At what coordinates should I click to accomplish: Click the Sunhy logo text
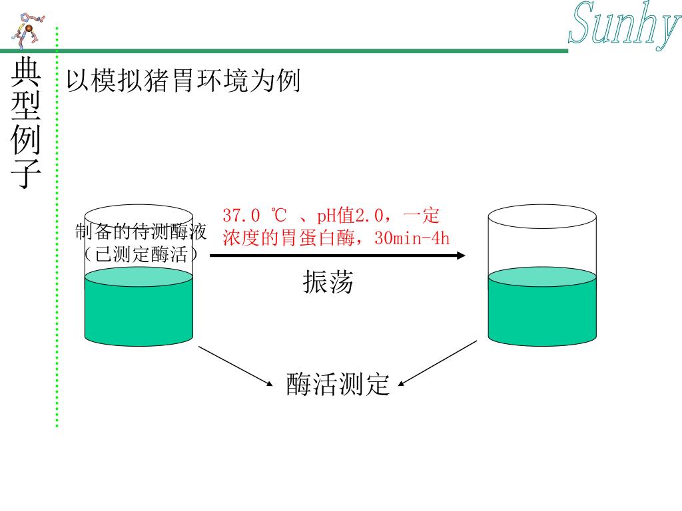click(x=623, y=25)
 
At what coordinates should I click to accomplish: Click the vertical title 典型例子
click(x=27, y=124)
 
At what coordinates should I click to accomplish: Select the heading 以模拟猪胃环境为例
click(x=183, y=82)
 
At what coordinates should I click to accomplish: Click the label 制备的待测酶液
click(x=141, y=232)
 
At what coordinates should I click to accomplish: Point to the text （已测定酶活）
click(x=141, y=254)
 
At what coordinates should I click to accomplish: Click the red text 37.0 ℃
click(x=254, y=216)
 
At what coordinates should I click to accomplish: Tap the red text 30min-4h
click(x=412, y=238)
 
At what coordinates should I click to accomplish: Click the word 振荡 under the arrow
click(x=327, y=283)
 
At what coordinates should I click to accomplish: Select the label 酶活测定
click(x=338, y=385)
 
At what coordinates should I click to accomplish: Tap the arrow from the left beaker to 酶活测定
click(x=236, y=365)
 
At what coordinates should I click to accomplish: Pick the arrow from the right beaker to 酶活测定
click(x=438, y=363)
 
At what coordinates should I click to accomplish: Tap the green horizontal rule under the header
click(x=300, y=50)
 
